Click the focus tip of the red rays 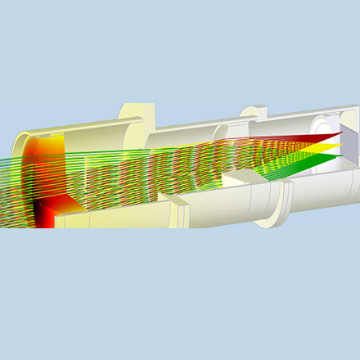339,133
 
